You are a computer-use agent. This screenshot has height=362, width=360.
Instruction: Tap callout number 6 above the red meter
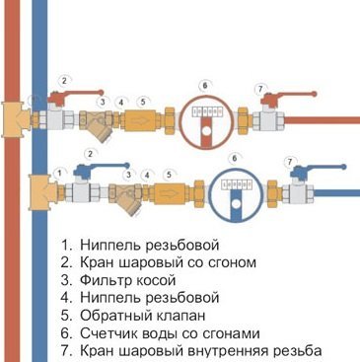coord(204,85)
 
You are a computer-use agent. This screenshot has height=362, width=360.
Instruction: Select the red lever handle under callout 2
coord(74,98)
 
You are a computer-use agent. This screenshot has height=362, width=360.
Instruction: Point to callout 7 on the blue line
coord(289,160)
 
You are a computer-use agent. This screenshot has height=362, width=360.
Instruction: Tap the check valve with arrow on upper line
coord(144,117)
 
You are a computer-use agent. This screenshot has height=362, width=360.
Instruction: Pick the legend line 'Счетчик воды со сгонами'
coord(177,333)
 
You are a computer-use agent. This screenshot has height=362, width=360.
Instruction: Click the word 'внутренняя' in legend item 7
coord(237,351)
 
